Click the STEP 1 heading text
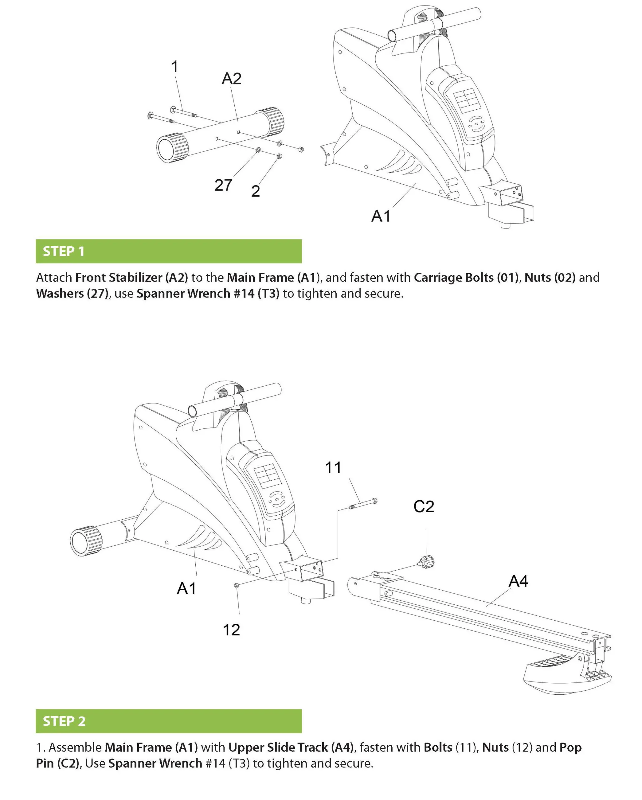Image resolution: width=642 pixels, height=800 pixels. (x=63, y=251)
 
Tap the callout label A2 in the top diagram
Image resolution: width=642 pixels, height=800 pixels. (x=231, y=79)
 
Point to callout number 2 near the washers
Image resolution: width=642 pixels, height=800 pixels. (x=255, y=192)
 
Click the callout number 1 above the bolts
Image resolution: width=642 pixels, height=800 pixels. (x=174, y=67)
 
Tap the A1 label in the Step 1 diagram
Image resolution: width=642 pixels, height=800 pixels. (x=381, y=216)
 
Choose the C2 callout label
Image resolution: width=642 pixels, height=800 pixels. (x=424, y=507)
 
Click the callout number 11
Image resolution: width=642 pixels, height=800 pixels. (x=333, y=467)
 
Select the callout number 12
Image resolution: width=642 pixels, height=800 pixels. (x=231, y=630)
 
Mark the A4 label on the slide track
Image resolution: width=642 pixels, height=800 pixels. (x=518, y=581)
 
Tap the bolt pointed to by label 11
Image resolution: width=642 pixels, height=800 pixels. (x=363, y=503)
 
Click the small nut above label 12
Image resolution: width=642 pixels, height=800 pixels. (x=236, y=586)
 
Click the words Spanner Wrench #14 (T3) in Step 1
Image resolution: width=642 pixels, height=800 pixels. (x=208, y=293)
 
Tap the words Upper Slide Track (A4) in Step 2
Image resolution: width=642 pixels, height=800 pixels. (x=291, y=747)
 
